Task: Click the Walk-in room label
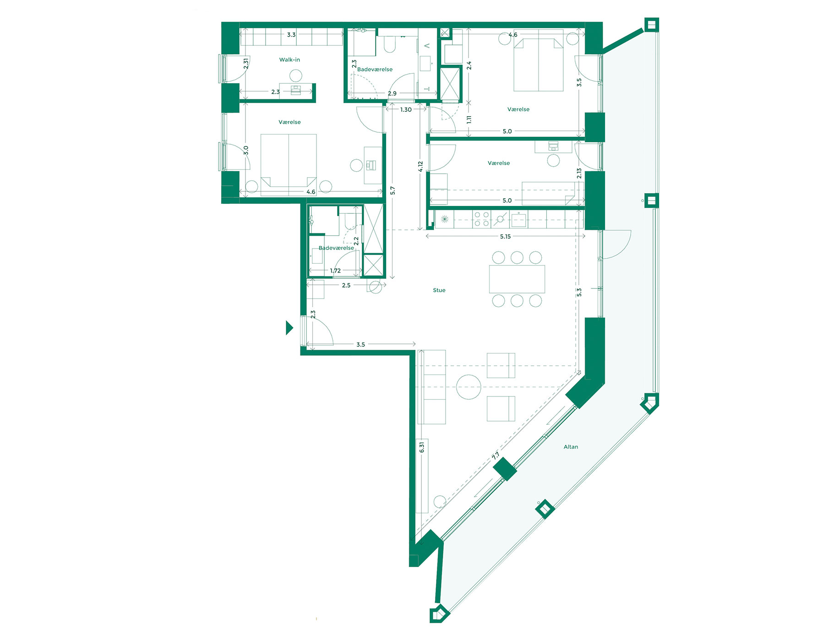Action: click(x=289, y=60)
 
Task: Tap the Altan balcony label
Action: click(x=571, y=447)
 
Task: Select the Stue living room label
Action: click(x=439, y=290)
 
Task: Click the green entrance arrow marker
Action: click(x=289, y=328)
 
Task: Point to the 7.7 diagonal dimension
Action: click(x=496, y=456)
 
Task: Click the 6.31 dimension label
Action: click(x=422, y=447)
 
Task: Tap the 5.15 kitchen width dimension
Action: click(x=505, y=237)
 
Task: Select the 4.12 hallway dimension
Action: click(x=420, y=167)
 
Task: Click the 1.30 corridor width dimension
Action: click(x=406, y=110)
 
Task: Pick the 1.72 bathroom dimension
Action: click(x=335, y=271)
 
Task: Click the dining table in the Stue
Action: click(x=517, y=279)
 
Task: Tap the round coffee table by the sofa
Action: click(x=468, y=387)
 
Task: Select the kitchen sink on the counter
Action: click(x=518, y=220)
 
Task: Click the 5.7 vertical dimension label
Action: click(x=392, y=190)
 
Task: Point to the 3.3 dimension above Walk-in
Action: click(x=291, y=35)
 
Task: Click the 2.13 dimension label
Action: click(x=579, y=173)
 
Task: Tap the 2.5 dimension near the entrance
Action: click(x=346, y=286)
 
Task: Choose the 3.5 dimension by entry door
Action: click(x=360, y=345)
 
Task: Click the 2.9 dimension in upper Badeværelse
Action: click(x=392, y=93)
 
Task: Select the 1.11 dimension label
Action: click(x=469, y=119)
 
